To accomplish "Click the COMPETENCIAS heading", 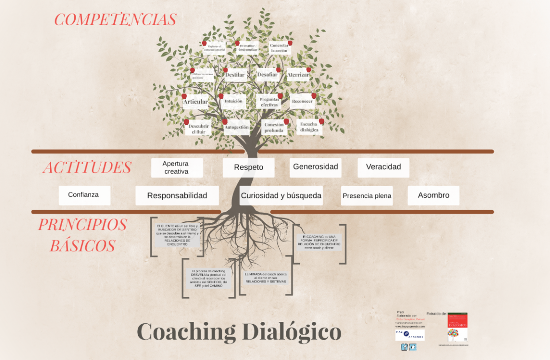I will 115,20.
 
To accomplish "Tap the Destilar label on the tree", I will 235,75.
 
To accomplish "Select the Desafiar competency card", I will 267,74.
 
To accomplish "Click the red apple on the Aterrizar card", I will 309,70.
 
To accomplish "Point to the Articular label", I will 195,102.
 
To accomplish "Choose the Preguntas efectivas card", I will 269,102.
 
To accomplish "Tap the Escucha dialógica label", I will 309,127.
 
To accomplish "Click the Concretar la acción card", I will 279,48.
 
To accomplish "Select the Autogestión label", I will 236,127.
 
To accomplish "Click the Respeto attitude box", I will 248,167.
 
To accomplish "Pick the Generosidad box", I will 315,167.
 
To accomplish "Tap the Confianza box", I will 84,195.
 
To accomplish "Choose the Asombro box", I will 433,195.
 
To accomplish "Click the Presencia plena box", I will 367,196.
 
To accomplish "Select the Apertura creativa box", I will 176,168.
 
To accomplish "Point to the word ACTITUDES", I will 87,168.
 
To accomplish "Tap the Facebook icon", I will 404,347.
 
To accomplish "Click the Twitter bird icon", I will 413,347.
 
